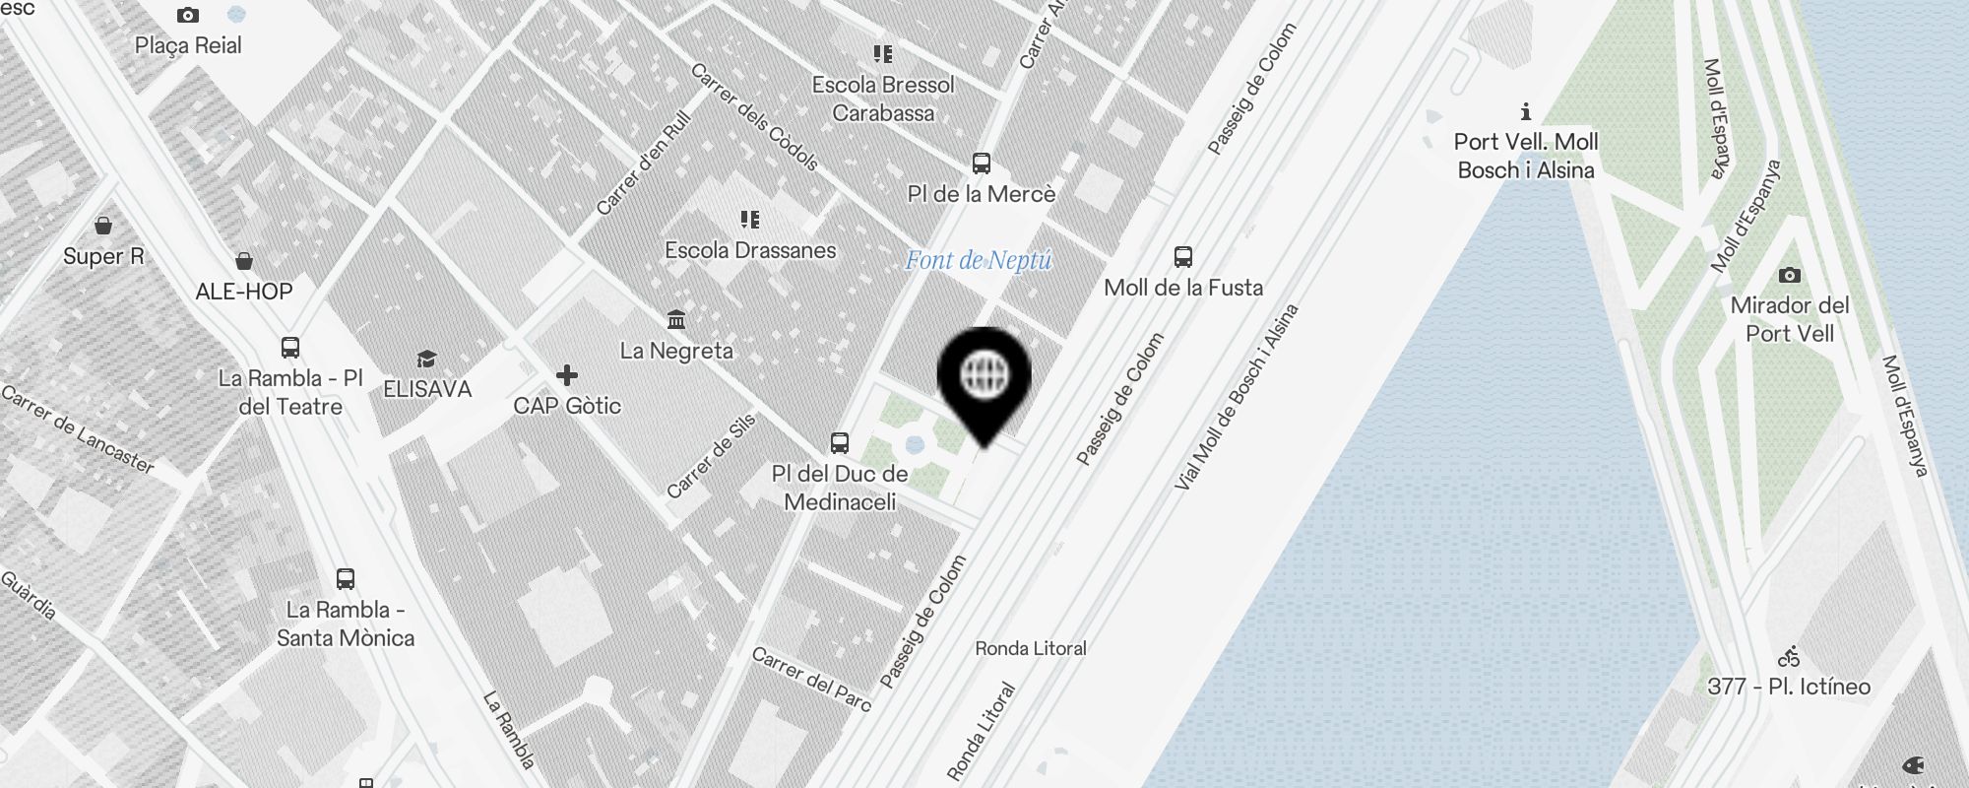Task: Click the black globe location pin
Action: tap(984, 376)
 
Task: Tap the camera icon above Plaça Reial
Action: tap(188, 16)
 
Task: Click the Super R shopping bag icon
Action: tap(103, 226)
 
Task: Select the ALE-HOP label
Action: tap(244, 292)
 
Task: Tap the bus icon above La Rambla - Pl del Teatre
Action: tap(290, 348)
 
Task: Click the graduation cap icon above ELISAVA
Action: tap(426, 359)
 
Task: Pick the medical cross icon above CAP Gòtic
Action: tap(567, 375)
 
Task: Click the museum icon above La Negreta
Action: tap(676, 320)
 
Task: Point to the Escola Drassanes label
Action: tap(750, 250)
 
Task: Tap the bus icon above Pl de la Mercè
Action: tap(982, 164)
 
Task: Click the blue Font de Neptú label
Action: tap(979, 260)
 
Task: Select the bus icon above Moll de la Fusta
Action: tap(1183, 257)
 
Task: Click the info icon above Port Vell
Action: tap(1526, 111)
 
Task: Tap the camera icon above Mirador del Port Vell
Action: tap(1790, 276)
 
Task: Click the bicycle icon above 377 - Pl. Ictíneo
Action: tap(1789, 657)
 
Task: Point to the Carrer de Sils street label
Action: tap(711, 456)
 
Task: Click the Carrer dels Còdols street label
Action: tap(754, 117)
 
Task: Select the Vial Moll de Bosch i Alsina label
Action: tap(1237, 397)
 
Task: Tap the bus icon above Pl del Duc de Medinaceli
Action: tap(840, 443)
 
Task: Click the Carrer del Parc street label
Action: tap(811, 678)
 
